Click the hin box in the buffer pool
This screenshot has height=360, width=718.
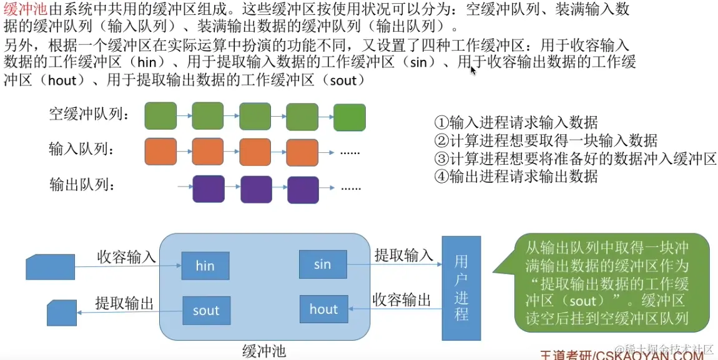(x=205, y=266)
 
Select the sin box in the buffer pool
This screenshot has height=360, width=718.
(x=322, y=265)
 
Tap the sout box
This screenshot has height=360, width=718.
(x=205, y=310)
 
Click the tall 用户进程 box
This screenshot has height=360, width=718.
(x=461, y=288)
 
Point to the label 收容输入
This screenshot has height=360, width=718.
(x=126, y=256)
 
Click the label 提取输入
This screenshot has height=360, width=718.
(x=403, y=255)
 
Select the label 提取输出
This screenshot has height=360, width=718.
(x=124, y=303)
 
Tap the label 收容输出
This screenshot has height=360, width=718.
(x=402, y=300)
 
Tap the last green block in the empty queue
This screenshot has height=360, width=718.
(x=349, y=117)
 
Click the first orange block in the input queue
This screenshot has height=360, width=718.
(x=160, y=152)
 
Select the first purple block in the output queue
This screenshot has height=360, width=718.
(x=209, y=188)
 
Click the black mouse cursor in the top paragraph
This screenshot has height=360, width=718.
(x=473, y=70)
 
